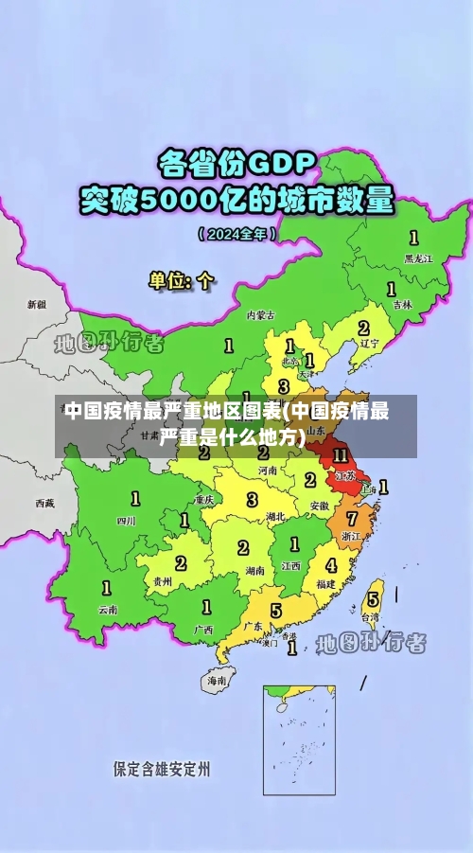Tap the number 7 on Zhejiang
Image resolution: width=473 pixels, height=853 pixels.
pyautogui.click(x=352, y=519)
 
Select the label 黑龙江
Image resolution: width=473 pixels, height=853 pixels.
pyautogui.click(x=418, y=258)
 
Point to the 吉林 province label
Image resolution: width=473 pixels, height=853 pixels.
pyautogui.click(x=402, y=305)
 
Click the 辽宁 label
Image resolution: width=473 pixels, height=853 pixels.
pyautogui.click(x=369, y=344)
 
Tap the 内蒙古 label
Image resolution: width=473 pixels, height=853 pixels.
pyautogui.click(x=260, y=314)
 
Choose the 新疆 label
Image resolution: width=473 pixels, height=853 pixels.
pyautogui.click(x=36, y=305)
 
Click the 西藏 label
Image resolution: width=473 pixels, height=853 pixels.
pyautogui.click(x=44, y=503)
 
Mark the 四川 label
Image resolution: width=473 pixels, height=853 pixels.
pyautogui.click(x=126, y=520)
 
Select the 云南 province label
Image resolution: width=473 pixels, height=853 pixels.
pyautogui.click(x=109, y=610)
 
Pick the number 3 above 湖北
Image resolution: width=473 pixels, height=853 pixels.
pyautogui.click(x=252, y=499)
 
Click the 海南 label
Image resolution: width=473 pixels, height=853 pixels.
pyautogui.click(x=217, y=680)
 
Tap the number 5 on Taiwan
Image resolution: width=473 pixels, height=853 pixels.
pyautogui.click(x=373, y=598)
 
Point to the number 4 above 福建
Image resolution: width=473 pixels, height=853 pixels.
pyautogui.click(x=330, y=565)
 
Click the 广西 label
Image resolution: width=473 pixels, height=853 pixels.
pyautogui.click(x=202, y=629)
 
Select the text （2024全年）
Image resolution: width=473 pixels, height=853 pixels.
pyautogui.click(x=236, y=232)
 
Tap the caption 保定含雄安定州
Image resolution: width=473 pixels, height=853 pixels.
pyautogui.click(x=162, y=768)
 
